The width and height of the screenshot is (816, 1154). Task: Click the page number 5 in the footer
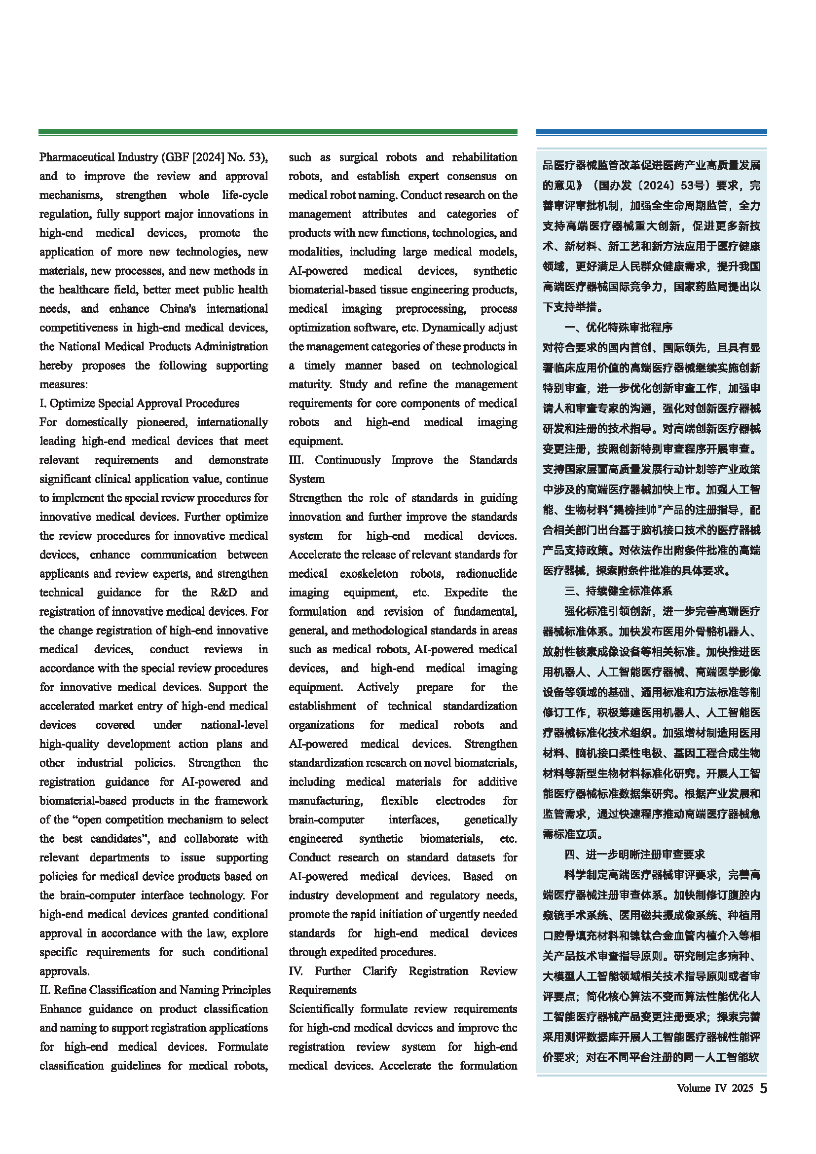point(763,1088)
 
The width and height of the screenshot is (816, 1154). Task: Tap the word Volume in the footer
point(693,1088)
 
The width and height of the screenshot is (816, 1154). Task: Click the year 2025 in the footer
point(742,1088)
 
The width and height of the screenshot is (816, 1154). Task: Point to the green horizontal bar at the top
point(278,132)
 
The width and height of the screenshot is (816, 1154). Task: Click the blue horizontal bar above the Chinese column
point(651,132)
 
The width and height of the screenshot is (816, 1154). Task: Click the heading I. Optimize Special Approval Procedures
point(139,403)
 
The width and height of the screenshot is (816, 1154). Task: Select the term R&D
point(223,593)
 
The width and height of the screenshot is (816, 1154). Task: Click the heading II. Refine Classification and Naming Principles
point(155,990)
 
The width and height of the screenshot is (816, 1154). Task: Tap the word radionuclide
point(486,573)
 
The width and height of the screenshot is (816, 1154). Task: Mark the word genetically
point(490,820)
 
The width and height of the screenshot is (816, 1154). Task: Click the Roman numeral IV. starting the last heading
point(296,971)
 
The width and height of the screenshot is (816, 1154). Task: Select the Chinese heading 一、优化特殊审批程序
point(618,328)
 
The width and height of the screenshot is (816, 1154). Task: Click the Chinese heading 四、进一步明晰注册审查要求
point(634,855)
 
